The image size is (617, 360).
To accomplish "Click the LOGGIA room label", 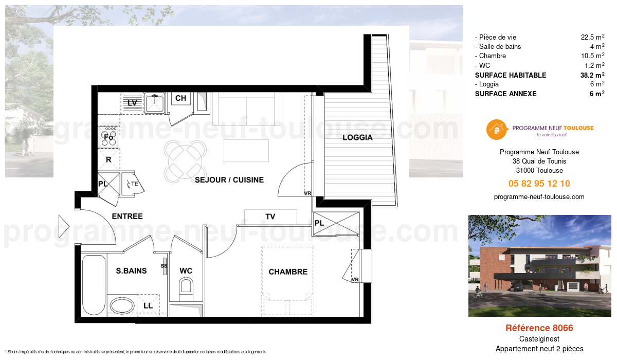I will (x=357, y=138).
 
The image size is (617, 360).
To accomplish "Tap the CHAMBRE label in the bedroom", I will (x=288, y=272).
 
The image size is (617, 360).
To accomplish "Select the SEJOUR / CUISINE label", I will (x=229, y=180).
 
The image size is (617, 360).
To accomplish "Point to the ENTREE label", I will (x=127, y=217).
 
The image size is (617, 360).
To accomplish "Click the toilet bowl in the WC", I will (x=186, y=286).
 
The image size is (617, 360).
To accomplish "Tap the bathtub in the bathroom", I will (x=93, y=285).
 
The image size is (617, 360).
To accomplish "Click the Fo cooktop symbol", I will (x=108, y=137).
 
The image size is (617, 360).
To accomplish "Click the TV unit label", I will (x=270, y=217).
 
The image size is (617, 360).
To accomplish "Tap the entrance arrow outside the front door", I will (x=64, y=226).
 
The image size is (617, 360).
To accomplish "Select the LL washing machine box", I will (x=148, y=305).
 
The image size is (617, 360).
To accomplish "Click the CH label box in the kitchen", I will (x=180, y=98).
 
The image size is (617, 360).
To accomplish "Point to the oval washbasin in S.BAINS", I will (x=121, y=304).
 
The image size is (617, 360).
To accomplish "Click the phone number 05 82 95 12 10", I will (x=539, y=184).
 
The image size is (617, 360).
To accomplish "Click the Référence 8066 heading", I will (x=539, y=328).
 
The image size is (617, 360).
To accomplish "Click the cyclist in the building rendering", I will (x=480, y=294).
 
